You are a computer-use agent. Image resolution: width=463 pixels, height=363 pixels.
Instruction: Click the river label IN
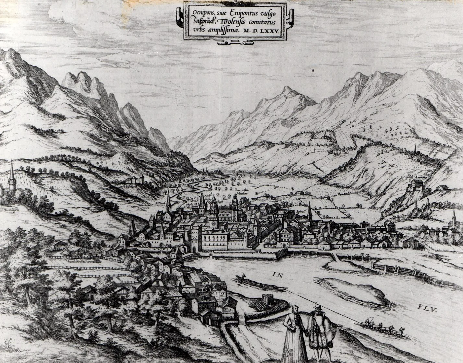click(277, 275)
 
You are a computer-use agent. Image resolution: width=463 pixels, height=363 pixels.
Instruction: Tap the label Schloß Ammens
click(415, 177)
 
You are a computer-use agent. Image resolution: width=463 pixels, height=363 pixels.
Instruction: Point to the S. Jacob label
click(160, 204)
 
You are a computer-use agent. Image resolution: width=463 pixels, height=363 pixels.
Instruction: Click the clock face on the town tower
click(213, 223)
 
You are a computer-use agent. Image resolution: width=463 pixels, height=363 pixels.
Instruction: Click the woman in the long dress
click(294, 334)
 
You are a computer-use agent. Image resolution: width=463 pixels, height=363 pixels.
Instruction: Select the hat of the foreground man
click(317, 307)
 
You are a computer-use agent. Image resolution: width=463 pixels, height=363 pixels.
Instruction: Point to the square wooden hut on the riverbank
click(267, 299)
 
